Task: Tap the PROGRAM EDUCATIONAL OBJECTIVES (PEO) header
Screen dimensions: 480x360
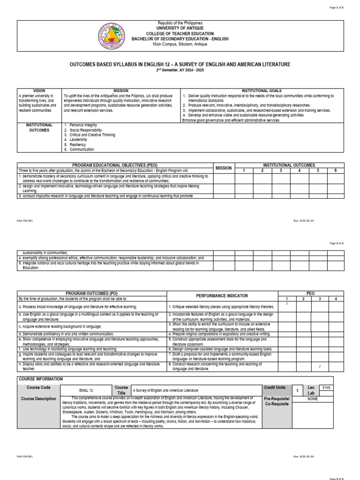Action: point(115,165)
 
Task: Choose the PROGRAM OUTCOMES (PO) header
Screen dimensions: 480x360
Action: point(92,293)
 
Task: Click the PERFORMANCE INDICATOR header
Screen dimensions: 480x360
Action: point(222,296)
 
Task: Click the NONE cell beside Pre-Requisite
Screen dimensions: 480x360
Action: point(312,399)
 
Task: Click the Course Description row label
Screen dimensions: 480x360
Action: point(38,399)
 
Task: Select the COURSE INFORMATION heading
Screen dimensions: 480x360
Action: point(40,379)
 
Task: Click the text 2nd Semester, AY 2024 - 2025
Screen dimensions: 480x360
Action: point(180,70)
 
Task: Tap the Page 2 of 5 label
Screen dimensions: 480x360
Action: point(336,243)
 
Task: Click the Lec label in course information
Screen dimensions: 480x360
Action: point(311,388)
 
